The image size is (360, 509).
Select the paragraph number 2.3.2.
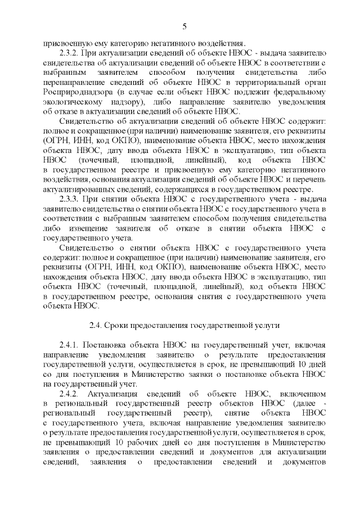tap(70, 52)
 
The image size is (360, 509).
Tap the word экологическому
tap(73, 101)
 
